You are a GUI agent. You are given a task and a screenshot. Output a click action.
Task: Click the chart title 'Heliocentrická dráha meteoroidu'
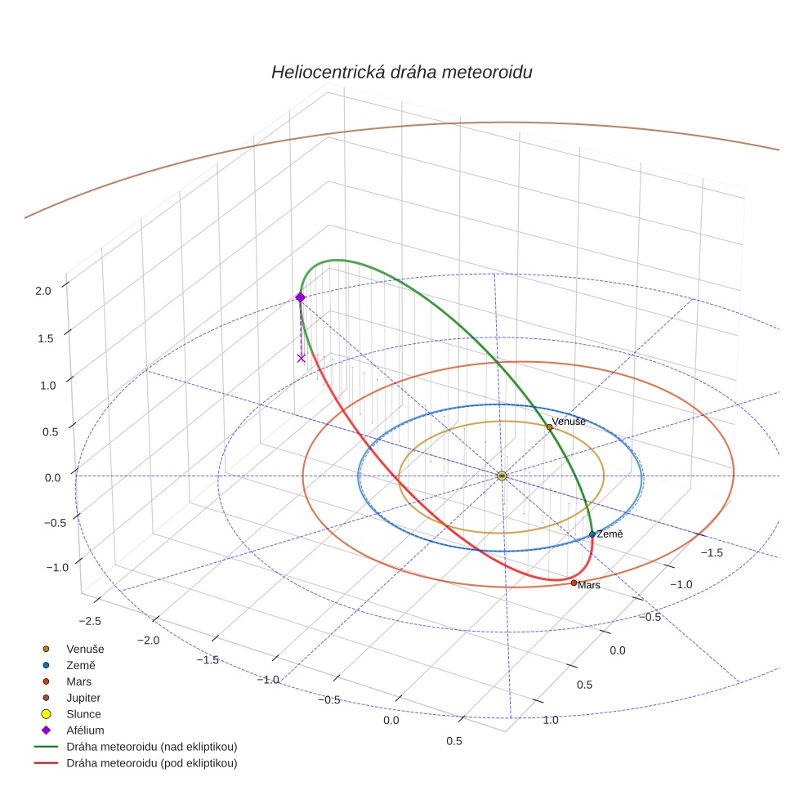click(x=401, y=73)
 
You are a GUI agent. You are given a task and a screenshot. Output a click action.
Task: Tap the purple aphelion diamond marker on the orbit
click(x=300, y=297)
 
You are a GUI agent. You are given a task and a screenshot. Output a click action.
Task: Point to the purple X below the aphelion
click(x=301, y=358)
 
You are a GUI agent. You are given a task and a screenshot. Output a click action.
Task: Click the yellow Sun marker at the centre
click(x=502, y=476)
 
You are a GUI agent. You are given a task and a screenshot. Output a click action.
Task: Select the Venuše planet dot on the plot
click(x=549, y=427)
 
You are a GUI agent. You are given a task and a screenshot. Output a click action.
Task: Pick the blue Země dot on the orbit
click(x=592, y=534)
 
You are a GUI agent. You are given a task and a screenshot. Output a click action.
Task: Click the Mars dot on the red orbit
click(x=574, y=583)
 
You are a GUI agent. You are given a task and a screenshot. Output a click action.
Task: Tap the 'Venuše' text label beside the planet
click(x=569, y=422)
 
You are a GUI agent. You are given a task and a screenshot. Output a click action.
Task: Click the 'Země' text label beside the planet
click(x=610, y=534)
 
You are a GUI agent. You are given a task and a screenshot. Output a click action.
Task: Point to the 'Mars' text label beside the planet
click(x=588, y=586)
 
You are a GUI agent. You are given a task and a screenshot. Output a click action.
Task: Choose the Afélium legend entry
click(x=85, y=730)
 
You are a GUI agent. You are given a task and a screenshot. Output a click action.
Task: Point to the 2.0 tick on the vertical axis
click(x=43, y=290)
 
